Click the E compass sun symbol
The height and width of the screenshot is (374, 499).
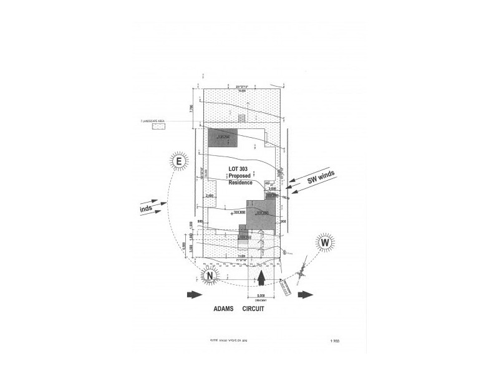[x=178, y=161]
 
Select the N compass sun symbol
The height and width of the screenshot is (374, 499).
[x=210, y=276]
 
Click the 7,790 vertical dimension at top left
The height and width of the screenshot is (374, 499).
[x=191, y=108]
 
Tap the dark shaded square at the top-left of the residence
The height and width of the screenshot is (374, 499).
[x=223, y=138]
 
